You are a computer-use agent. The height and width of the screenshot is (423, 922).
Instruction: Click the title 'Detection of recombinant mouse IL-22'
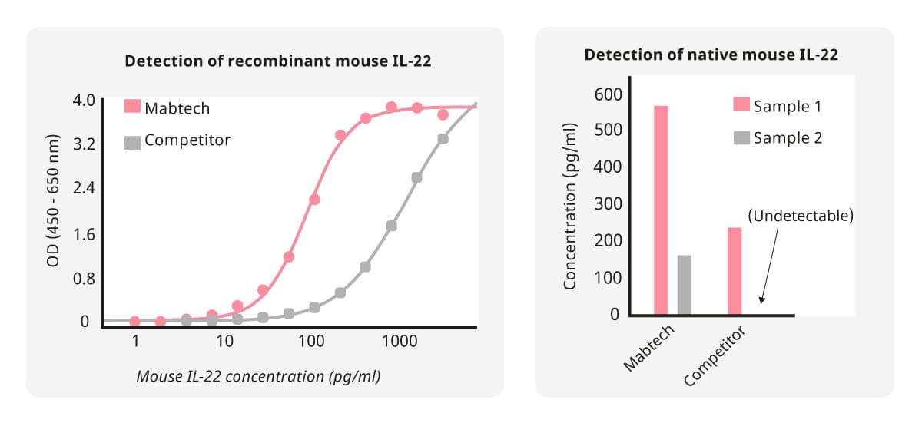pos(278,61)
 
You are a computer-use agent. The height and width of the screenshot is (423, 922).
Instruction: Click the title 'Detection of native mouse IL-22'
pos(711,55)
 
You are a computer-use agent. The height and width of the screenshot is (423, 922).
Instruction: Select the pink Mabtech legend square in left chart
pos(132,107)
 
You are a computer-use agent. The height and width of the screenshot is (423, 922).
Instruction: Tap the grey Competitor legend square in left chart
pos(132,141)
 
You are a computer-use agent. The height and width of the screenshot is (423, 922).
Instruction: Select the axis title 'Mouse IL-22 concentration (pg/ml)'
pos(259,376)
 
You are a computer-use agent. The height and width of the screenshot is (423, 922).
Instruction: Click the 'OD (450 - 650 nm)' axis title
pos(53,210)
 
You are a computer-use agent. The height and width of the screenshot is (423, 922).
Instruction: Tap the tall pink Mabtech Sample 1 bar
pos(661,210)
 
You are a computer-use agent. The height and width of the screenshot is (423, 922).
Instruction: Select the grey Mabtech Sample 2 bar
pos(684,285)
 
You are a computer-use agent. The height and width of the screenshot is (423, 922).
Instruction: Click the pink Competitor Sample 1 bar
pos(735,271)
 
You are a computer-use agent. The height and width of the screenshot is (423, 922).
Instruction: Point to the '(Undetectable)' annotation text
pos(801,216)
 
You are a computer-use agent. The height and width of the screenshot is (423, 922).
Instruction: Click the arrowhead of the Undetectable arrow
pos(762,302)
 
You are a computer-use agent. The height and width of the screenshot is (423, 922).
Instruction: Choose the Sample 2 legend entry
pos(788,138)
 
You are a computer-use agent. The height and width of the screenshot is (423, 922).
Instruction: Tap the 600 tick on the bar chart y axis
pos(607,94)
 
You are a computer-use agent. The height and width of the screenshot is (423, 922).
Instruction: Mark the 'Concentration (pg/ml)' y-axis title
pos(570,206)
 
